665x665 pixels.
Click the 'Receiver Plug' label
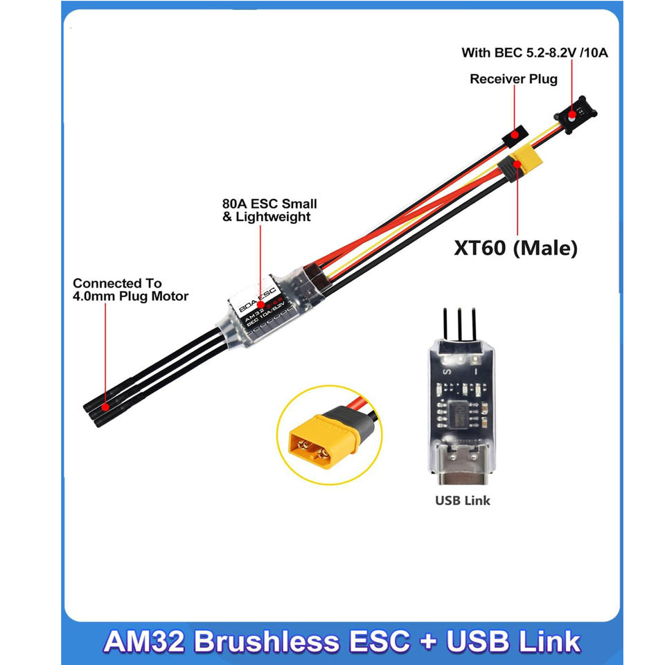coord(513,79)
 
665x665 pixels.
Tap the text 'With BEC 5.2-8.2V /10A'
coord(535,53)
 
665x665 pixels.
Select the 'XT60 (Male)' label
coord(515,248)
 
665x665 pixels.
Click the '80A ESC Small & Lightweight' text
coord(260,210)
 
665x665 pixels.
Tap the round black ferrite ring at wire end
coord(574,114)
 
